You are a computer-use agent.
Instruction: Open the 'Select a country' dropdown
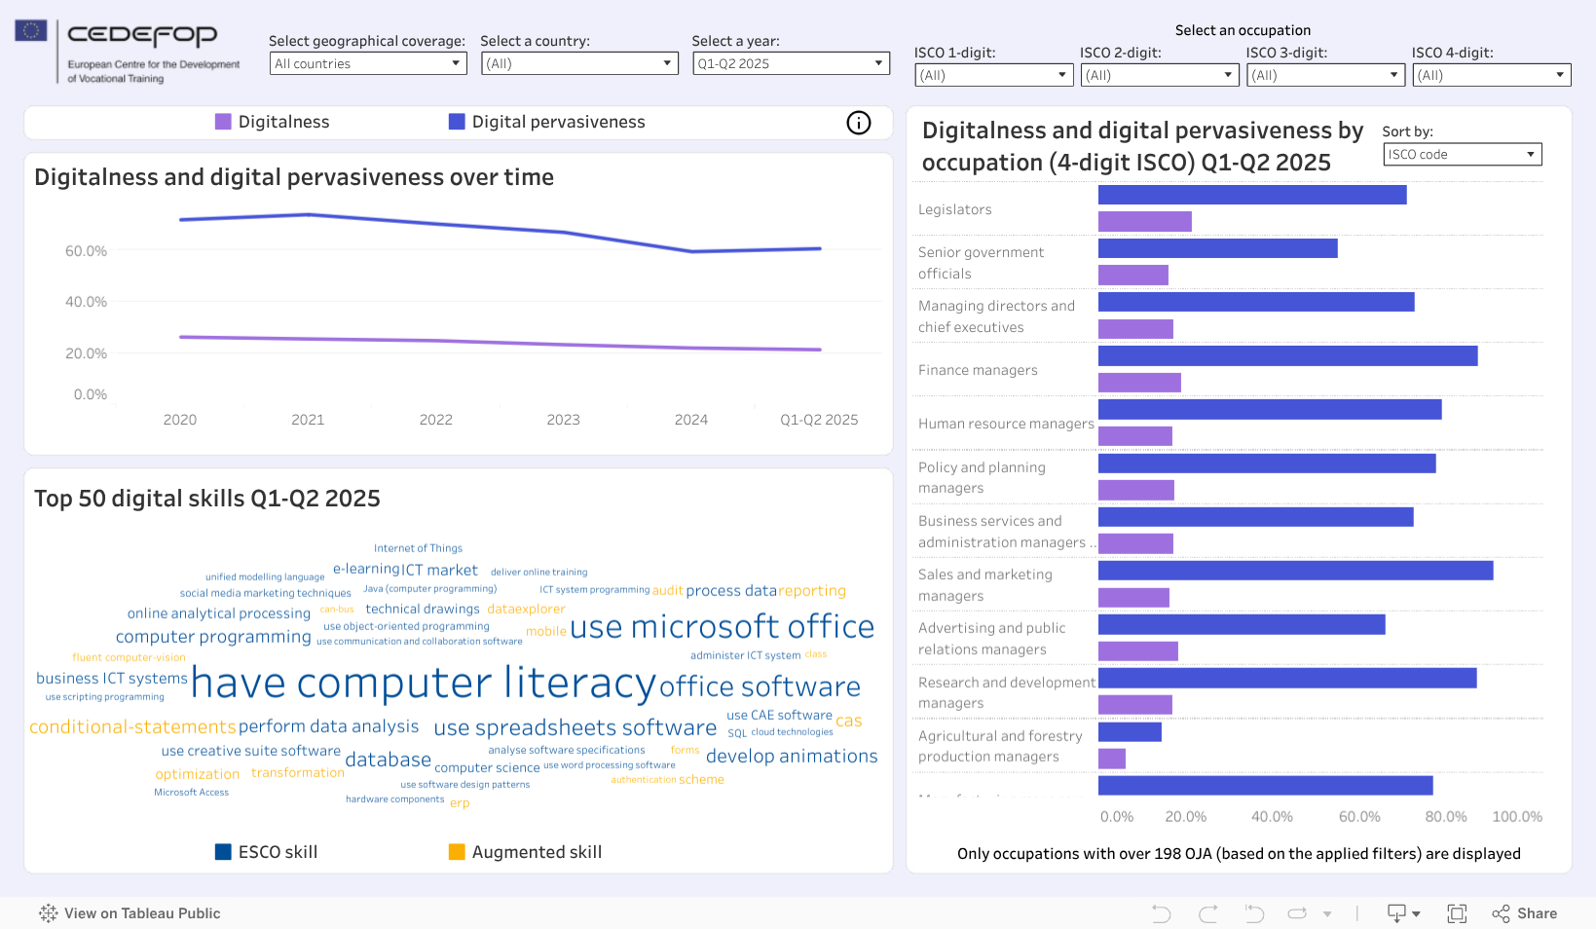click(x=579, y=63)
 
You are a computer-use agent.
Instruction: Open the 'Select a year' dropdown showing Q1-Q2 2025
click(x=791, y=63)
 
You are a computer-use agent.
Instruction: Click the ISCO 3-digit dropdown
click(x=1325, y=75)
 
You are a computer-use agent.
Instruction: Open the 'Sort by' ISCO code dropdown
click(x=1462, y=154)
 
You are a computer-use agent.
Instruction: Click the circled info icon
click(x=858, y=123)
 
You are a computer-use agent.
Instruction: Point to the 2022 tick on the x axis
click(x=435, y=420)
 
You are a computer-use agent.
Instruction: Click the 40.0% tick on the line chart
click(x=87, y=302)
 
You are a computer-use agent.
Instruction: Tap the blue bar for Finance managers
click(x=1287, y=356)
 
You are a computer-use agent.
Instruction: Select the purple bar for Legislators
click(x=1144, y=222)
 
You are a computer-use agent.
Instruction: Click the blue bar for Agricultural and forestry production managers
click(x=1130, y=731)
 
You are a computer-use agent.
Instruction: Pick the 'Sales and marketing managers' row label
click(x=984, y=585)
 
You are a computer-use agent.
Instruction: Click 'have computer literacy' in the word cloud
click(x=424, y=683)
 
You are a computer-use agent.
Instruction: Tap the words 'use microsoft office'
click(x=722, y=627)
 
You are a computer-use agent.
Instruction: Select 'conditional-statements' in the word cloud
click(x=132, y=726)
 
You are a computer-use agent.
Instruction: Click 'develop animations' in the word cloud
click(x=792, y=757)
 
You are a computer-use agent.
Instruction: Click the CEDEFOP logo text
click(x=142, y=36)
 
